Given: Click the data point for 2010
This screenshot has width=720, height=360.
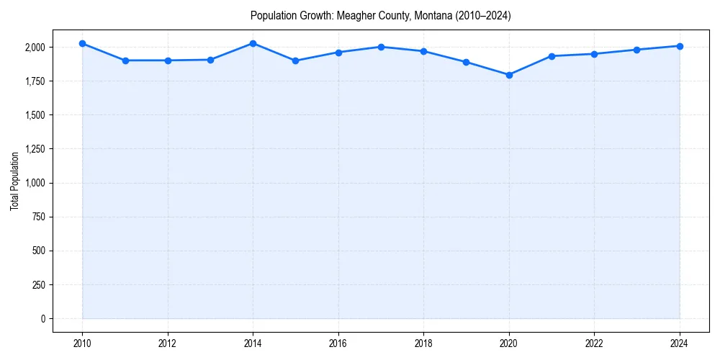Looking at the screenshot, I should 82,44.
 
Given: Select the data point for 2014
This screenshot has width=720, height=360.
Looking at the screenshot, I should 253,44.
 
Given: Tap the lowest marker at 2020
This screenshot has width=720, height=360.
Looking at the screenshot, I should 509,75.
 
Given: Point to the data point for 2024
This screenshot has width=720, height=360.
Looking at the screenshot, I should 680,46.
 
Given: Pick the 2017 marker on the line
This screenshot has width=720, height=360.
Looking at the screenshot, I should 381,47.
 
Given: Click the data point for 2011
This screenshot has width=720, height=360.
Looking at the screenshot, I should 125,60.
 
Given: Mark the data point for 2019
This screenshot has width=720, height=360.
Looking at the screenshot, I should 467,62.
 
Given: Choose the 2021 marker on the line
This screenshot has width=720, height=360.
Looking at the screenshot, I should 552,56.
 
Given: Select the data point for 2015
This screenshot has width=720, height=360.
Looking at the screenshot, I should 296,60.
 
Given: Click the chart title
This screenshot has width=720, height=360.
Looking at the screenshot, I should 380,16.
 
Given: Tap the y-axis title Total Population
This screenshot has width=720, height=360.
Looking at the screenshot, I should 14,181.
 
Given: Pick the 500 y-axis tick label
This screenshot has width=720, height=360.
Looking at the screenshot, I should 37,251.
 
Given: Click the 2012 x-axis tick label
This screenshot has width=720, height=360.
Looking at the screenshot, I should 168,343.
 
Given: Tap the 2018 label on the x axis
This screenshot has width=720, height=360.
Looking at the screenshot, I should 423,343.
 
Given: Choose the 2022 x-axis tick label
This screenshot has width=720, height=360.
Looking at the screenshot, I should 594,343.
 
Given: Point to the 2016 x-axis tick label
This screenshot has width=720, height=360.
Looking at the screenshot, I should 338,343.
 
